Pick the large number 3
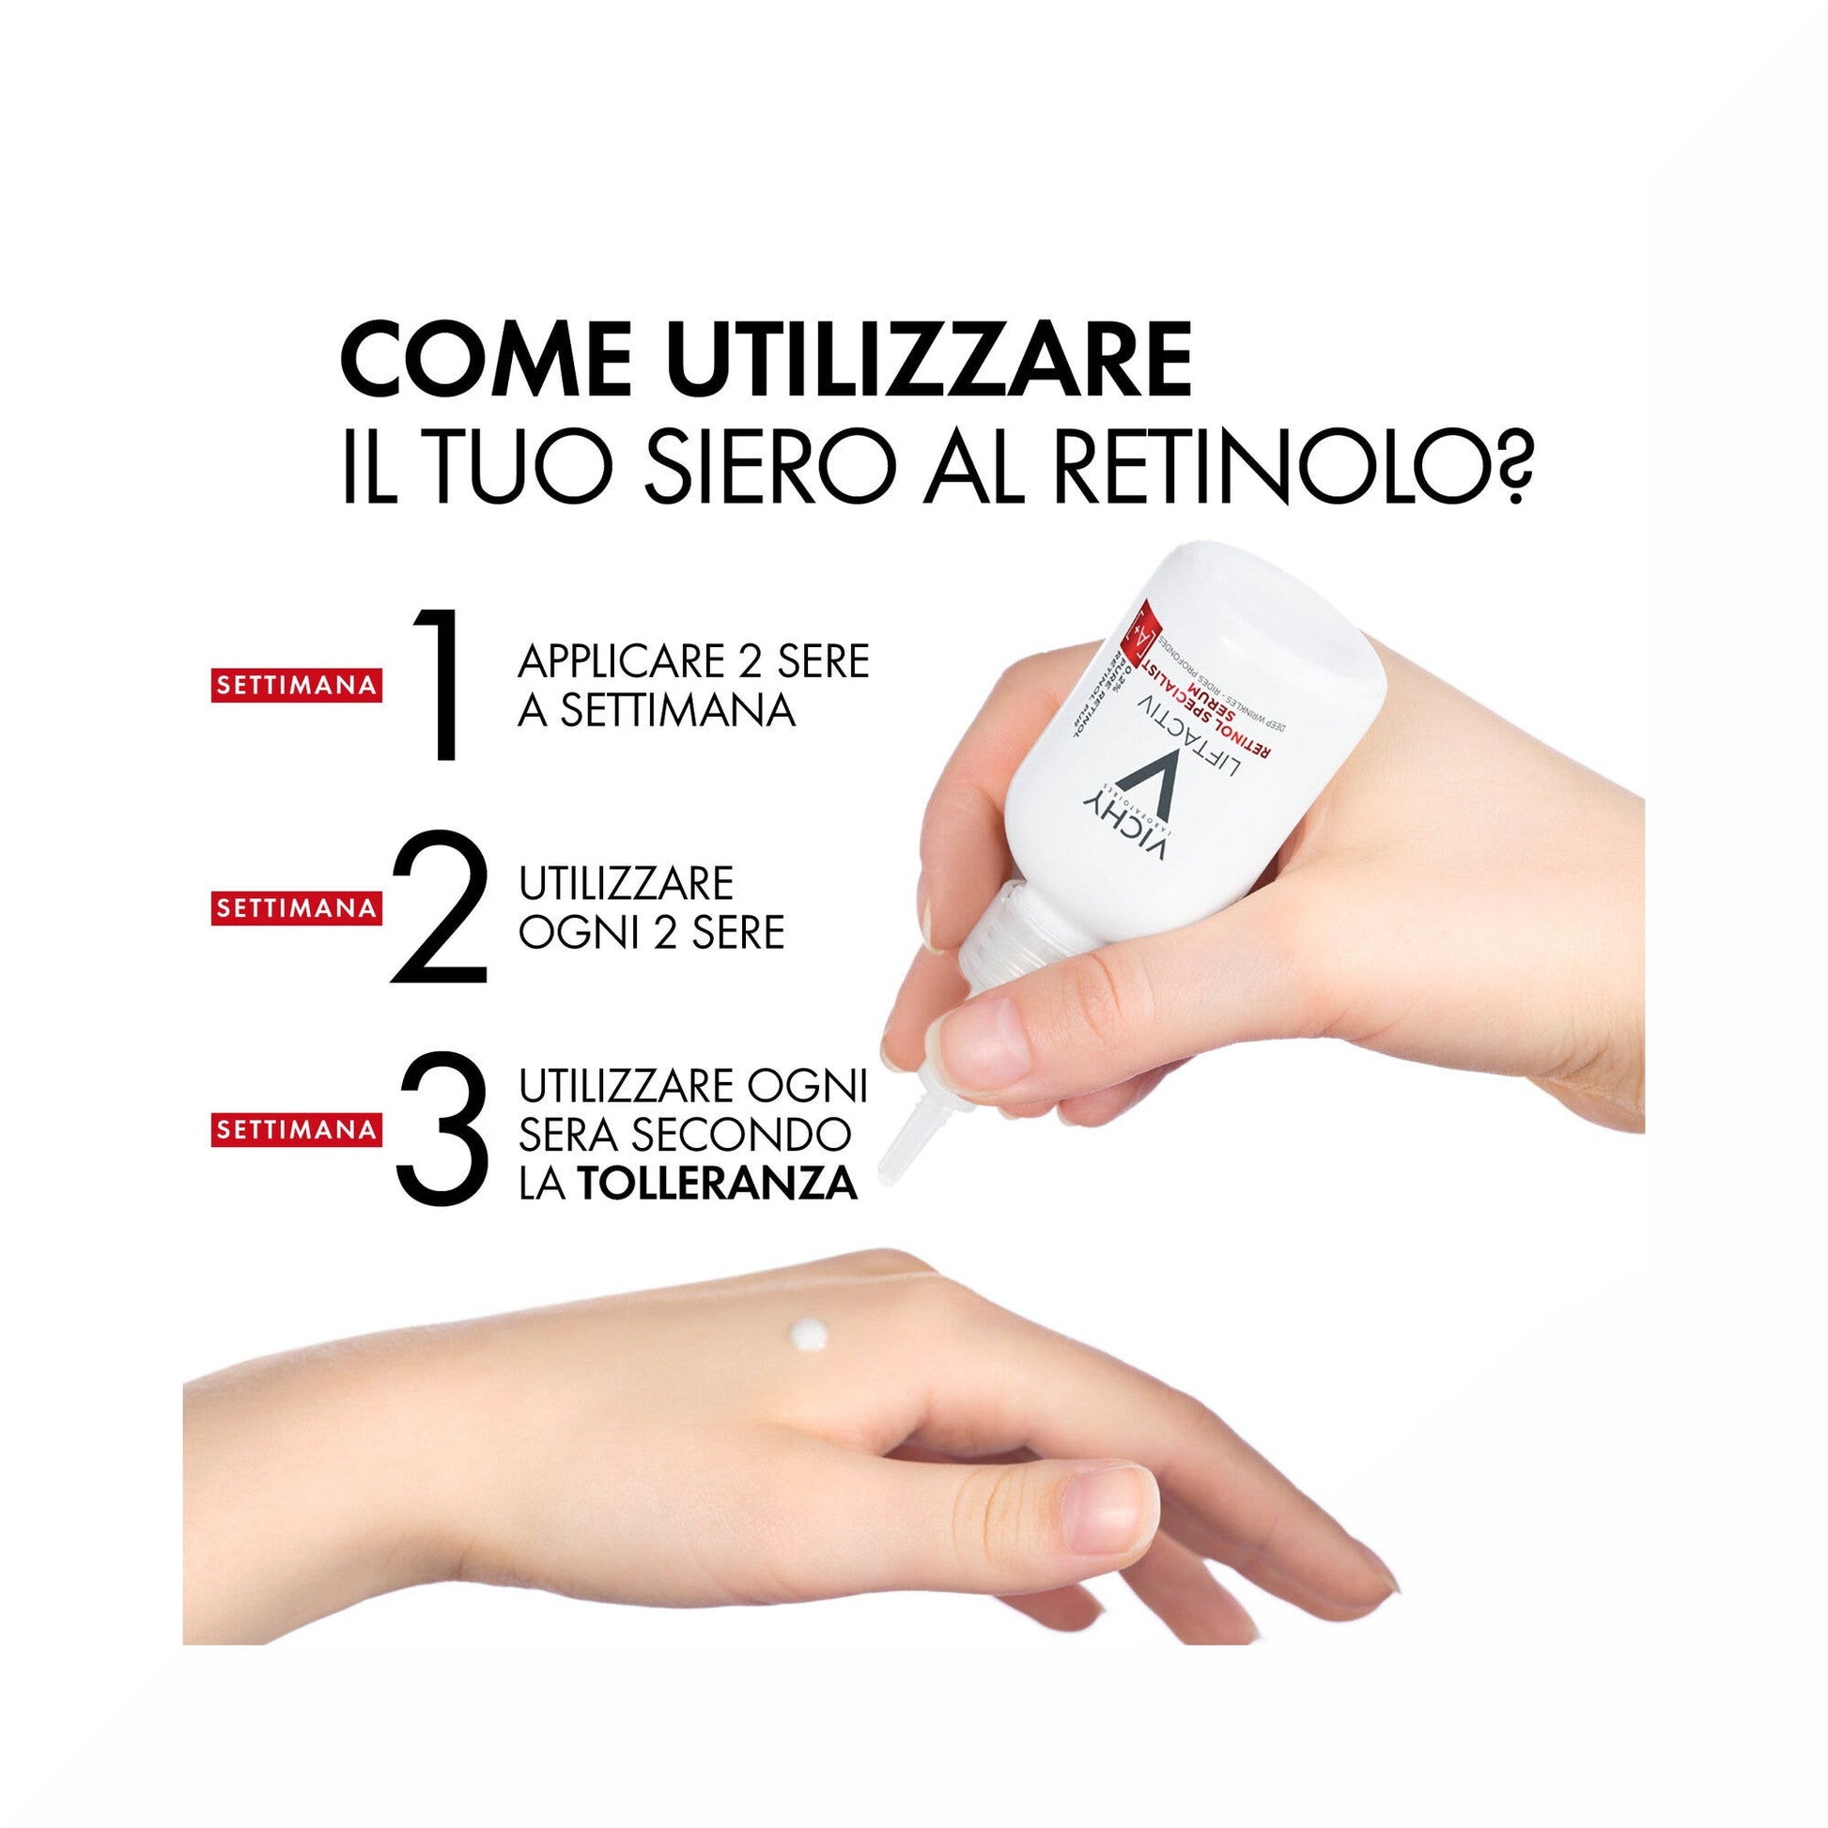pyautogui.click(x=442, y=1128)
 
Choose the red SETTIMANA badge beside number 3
pyautogui.click(x=296, y=1129)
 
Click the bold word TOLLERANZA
pyautogui.click(x=718, y=1183)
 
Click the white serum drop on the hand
pyautogui.click(x=811, y=1335)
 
